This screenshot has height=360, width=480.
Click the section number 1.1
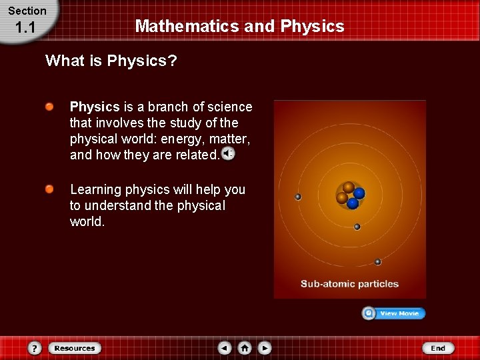(x=25, y=28)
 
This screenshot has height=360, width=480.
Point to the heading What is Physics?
(x=111, y=61)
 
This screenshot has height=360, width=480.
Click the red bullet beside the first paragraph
(x=50, y=107)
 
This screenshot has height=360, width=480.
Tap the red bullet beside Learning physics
(x=50, y=190)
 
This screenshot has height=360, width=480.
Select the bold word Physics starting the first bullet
(x=95, y=107)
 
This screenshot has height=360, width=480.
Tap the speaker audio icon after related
(x=228, y=154)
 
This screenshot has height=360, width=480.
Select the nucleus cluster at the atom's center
(x=349, y=193)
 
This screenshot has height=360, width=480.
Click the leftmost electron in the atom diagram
(x=298, y=197)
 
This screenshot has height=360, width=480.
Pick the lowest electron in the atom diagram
(x=377, y=262)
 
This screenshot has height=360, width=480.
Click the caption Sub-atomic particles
(x=349, y=284)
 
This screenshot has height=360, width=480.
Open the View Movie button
(x=393, y=313)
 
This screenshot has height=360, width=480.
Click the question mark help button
(x=35, y=348)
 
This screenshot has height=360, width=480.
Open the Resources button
(x=75, y=348)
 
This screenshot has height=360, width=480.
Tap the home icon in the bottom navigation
(x=245, y=348)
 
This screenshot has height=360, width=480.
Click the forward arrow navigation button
(x=265, y=348)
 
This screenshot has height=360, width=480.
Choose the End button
(x=438, y=348)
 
